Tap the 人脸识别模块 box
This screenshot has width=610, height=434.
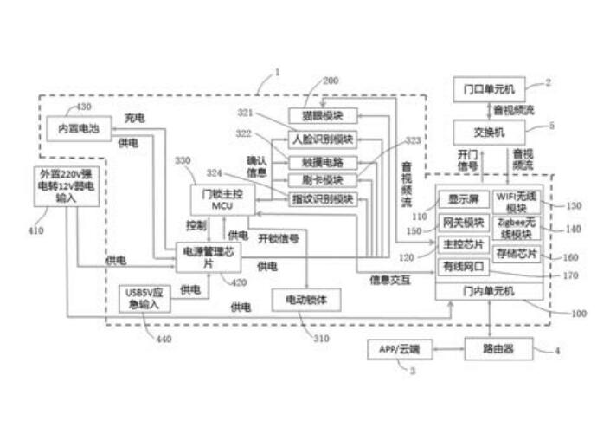coord(322,139)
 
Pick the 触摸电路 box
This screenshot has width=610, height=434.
coord(322,159)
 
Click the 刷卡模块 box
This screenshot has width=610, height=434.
coord(322,179)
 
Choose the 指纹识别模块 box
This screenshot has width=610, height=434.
coord(322,199)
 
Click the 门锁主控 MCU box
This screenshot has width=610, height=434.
coord(215,200)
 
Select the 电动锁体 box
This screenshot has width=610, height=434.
coord(305,299)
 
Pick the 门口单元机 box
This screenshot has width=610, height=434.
coord(490,88)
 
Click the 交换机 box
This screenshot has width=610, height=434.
coord(490,132)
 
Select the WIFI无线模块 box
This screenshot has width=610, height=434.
coord(517,201)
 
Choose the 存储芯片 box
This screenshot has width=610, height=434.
coord(517,255)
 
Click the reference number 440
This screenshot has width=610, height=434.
coord(164,339)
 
